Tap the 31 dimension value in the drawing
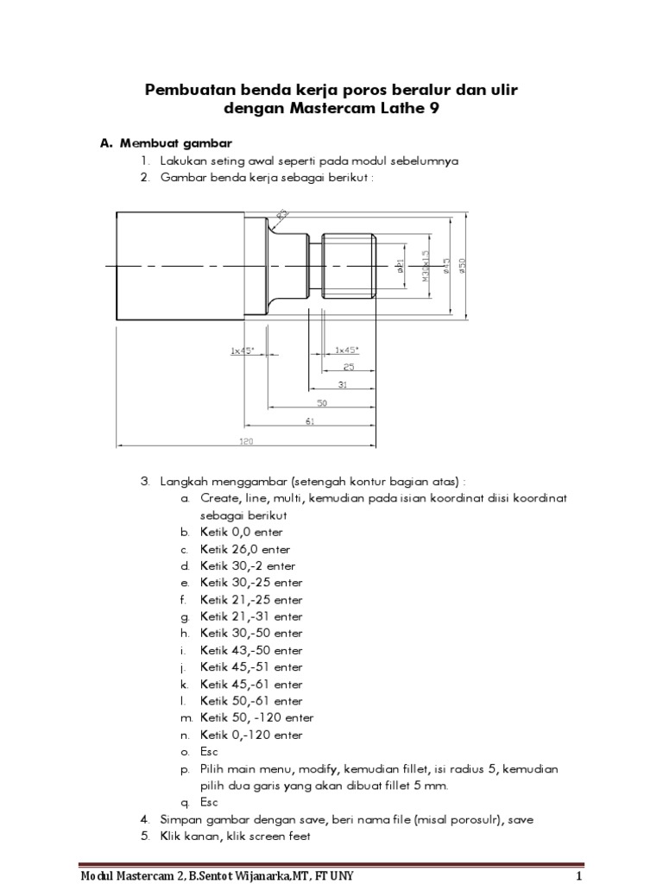pyautogui.click(x=342, y=384)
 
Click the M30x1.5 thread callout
pyautogui.click(x=425, y=265)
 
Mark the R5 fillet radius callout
pyautogui.click(x=283, y=215)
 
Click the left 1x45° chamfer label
pyautogui.click(x=243, y=350)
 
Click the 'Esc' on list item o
pyautogui.click(x=209, y=751)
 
